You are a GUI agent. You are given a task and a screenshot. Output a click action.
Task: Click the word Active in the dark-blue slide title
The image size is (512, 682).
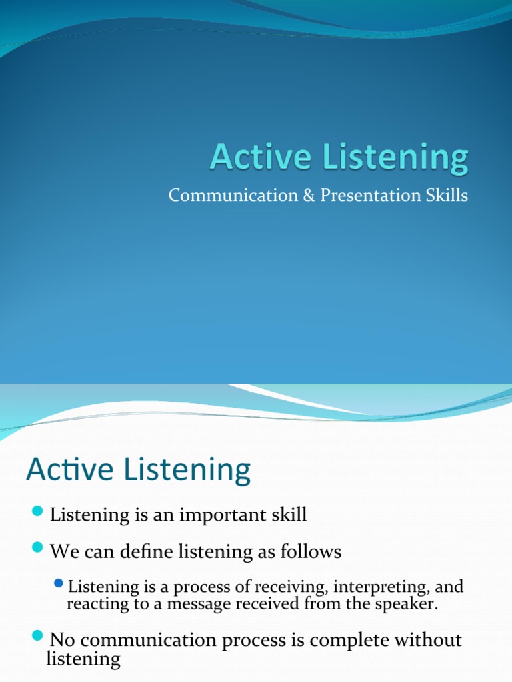point(261,156)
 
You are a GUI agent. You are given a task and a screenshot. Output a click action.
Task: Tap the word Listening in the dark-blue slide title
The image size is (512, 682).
point(395,159)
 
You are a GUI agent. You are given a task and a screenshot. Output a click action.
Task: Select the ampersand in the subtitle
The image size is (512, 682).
point(309,195)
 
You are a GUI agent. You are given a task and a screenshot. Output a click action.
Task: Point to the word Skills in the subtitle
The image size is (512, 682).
point(447,195)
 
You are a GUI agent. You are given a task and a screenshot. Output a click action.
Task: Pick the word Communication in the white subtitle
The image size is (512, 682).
point(233,195)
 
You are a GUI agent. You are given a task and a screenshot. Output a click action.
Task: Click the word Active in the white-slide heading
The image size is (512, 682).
point(70,469)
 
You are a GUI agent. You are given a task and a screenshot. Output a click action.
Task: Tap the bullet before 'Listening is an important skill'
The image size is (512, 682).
point(37,511)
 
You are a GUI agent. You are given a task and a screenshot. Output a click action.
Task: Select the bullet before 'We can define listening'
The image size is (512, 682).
point(37,547)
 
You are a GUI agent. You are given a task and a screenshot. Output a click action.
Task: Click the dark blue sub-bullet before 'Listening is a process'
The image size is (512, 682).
point(59,583)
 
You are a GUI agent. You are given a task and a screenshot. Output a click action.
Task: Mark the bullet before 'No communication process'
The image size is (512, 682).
point(37,635)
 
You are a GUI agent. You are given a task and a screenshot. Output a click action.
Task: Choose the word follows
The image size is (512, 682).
point(311,551)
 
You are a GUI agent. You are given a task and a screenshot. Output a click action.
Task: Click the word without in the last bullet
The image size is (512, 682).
point(428,640)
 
